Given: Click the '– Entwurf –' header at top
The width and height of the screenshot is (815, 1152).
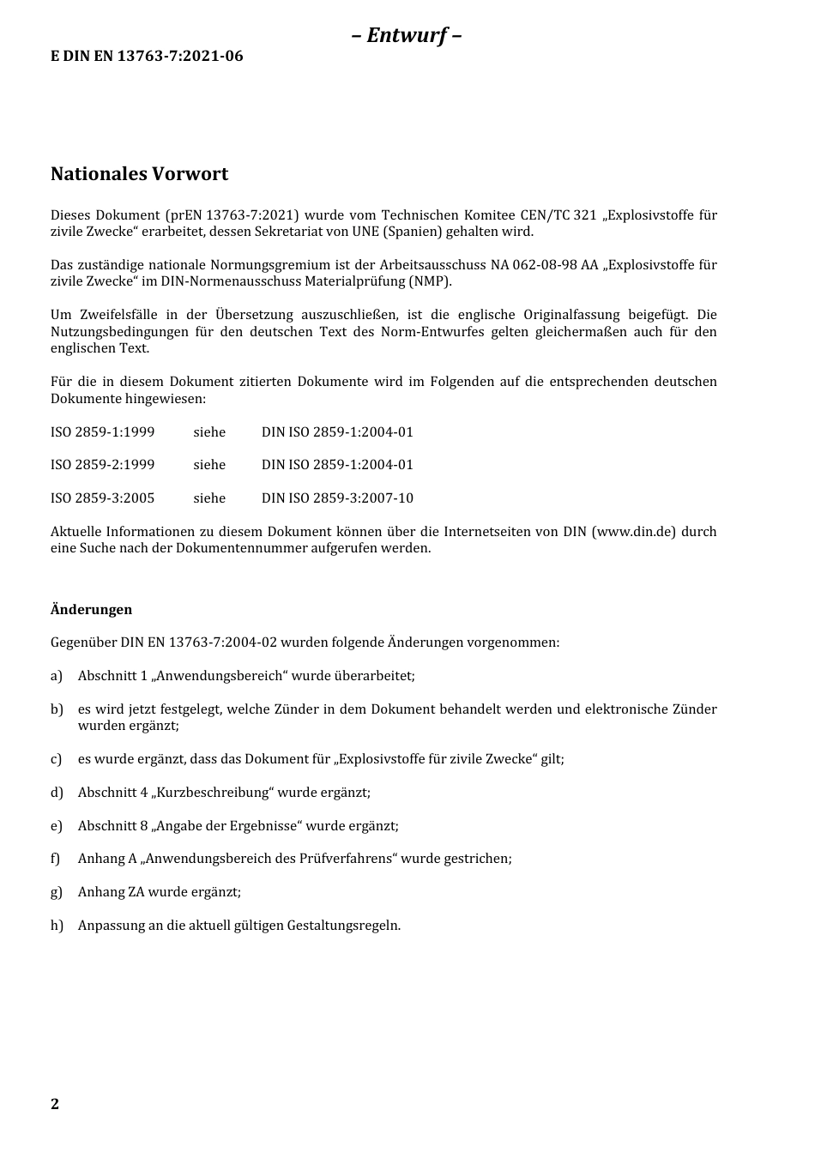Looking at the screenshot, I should tap(407, 35).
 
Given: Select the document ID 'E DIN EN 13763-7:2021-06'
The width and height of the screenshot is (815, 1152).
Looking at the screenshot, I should tap(147, 57).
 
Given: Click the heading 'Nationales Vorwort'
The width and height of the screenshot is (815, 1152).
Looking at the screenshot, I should tap(139, 174).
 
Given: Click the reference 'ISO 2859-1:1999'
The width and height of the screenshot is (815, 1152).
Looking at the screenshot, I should tap(102, 432).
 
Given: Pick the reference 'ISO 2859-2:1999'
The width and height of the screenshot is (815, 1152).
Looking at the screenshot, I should tap(102, 465).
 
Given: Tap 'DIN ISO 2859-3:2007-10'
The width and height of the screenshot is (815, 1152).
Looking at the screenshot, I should tap(337, 498).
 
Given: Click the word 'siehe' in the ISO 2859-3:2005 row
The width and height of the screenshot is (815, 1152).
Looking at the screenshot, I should tap(209, 498).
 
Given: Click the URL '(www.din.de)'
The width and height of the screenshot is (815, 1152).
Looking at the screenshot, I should tap(633, 532).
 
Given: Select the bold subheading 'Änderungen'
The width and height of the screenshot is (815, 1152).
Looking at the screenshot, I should tap(91, 610).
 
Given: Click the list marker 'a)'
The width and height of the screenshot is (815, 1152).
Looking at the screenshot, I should tap(57, 676).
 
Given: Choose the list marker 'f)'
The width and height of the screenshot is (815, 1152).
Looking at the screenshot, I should tap(56, 859).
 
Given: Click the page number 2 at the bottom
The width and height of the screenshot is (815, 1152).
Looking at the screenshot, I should tap(55, 1104).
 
